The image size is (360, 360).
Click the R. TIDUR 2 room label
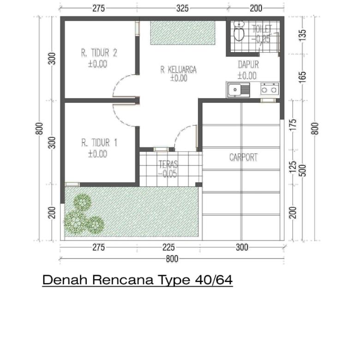(99, 53)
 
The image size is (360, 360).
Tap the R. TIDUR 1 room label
(99, 143)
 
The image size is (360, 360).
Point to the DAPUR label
(248, 65)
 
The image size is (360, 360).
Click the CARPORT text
(243, 157)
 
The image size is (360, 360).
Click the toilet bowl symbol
(239, 32)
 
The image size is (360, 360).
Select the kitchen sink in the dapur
(238, 89)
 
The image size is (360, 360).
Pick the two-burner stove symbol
(270, 89)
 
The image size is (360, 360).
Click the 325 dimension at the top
(182, 8)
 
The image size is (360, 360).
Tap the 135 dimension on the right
(303, 36)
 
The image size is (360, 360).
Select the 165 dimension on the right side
(303, 76)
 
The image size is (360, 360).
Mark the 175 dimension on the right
(293, 125)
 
